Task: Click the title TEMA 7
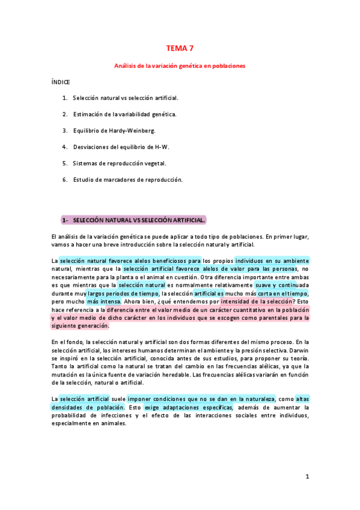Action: pyautogui.click(x=180, y=48)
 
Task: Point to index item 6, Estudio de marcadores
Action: pyautogui.click(x=127, y=179)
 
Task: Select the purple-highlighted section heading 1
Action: pyautogui.click(x=133, y=220)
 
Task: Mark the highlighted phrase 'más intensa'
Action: pyautogui.click(x=103, y=301)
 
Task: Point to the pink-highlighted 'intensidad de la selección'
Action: pyautogui.click(x=258, y=301)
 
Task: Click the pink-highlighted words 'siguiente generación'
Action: pyautogui.click(x=81, y=325)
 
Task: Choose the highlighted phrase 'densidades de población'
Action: pyautogui.click(x=88, y=407)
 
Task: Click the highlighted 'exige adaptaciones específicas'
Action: pyautogui.click(x=188, y=407)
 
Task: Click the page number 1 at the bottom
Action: pyautogui.click(x=307, y=477)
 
